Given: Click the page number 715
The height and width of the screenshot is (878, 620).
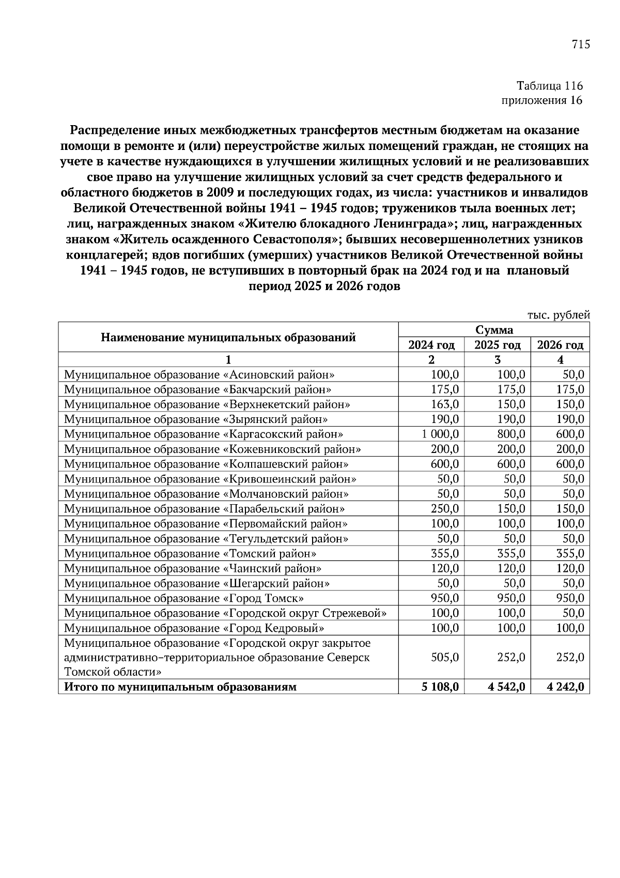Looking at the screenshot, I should tap(581, 44).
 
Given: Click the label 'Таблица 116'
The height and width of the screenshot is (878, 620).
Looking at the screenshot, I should tap(550, 85).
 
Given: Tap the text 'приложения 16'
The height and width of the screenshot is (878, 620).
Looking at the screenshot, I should tap(542, 100).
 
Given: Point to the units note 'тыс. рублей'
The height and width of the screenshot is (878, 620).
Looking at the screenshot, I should tap(559, 315).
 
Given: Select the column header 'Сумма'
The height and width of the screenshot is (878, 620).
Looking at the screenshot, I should tap(494, 330).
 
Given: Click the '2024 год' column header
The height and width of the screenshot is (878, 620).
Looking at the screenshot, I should tap(431, 345).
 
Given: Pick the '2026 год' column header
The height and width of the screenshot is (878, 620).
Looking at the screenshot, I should tap(560, 345).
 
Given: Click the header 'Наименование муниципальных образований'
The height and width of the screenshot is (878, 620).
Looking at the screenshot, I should tap(228, 338).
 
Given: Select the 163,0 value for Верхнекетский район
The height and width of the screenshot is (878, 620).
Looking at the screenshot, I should tap(445, 404).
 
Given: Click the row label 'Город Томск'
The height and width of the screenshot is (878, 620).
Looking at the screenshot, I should tap(184, 599).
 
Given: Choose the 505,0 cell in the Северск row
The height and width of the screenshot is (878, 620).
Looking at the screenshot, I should tap(445, 657).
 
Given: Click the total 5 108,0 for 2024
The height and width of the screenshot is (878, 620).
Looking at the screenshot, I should tap(440, 687).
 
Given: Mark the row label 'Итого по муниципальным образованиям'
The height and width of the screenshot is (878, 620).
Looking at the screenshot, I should tap(180, 687).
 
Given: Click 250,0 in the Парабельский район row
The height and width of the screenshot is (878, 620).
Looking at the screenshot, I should tap(445, 509).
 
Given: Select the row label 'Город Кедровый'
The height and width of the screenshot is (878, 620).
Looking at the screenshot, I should tap(194, 629).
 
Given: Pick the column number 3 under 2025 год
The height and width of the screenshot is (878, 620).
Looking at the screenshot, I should tap(498, 360).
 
